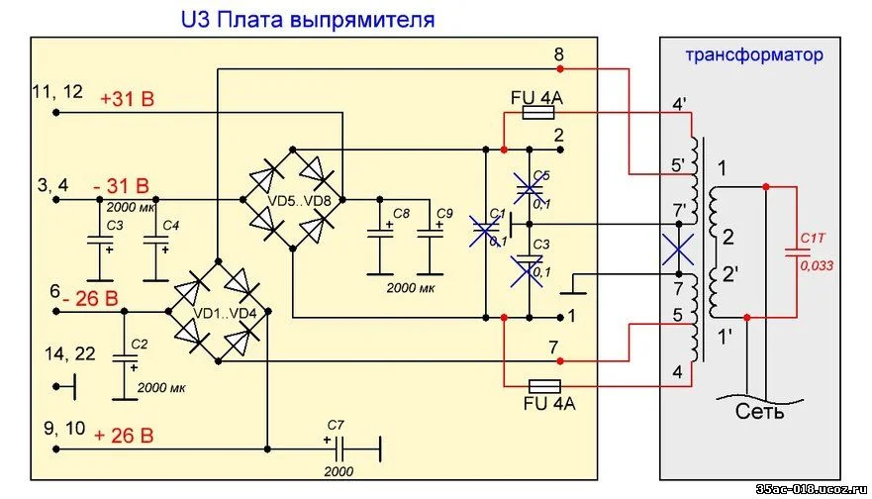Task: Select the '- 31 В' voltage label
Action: pos(122,185)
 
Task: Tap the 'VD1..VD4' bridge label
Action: pos(224,313)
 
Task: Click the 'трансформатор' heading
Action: pos(753,54)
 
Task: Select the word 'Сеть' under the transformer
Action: pos(758,410)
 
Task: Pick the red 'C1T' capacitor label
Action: pos(814,239)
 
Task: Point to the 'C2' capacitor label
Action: pos(140,344)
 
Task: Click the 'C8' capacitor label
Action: pos(401,214)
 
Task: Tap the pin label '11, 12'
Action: pos(58,91)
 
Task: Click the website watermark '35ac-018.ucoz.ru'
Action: pos(811,489)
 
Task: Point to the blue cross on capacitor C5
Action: pos(531,184)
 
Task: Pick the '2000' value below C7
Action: pos(339,472)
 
